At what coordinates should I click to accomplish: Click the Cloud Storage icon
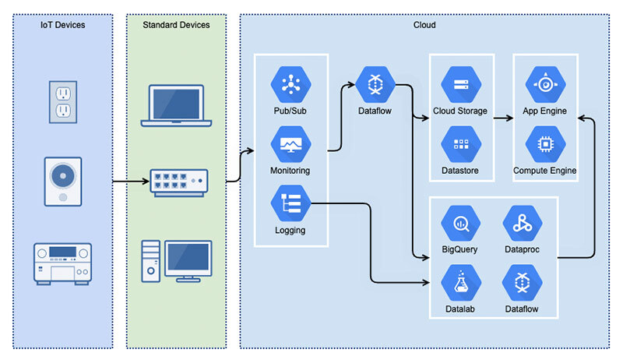click(x=459, y=84)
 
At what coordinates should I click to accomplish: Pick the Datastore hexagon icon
click(x=459, y=144)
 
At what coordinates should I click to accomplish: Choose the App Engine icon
click(x=544, y=84)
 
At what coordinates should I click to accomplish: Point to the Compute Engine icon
click(x=544, y=144)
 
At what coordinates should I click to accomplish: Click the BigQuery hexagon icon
click(x=459, y=224)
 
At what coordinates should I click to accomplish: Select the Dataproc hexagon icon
click(x=523, y=224)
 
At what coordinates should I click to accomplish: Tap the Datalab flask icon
click(x=459, y=283)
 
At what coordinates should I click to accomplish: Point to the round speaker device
click(x=63, y=182)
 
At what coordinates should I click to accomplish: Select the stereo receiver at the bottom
click(x=63, y=262)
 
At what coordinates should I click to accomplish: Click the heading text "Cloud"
click(x=424, y=25)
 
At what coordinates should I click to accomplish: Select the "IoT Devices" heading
click(x=63, y=25)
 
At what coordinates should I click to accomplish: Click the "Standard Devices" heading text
click(x=176, y=25)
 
